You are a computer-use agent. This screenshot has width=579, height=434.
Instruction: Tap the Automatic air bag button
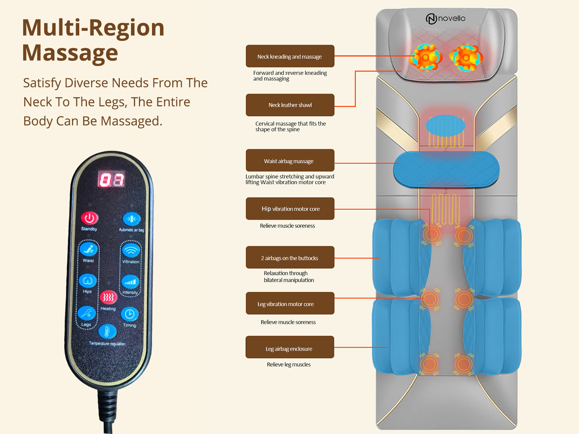[x=131, y=219]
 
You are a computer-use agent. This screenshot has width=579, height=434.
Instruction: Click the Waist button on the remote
[x=88, y=249]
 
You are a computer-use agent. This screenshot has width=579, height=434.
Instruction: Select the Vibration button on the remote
[x=131, y=250]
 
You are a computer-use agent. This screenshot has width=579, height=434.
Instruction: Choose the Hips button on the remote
[x=88, y=281]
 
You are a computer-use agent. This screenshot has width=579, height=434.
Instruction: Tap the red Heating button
[x=108, y=297]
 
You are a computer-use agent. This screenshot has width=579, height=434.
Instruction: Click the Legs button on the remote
[x=86, y=313]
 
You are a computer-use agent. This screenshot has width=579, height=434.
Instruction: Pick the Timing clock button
[x=130, y=314]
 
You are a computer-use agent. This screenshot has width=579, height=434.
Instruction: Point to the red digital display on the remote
[x=111, y=179]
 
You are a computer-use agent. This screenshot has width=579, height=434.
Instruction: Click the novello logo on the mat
[x=445, y=18]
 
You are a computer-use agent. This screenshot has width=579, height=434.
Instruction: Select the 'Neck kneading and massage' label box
[x=290, y=56]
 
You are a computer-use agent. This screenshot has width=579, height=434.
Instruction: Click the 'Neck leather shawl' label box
[x=290, y=105]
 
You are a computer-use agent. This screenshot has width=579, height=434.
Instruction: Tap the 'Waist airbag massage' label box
[x=290, y=161]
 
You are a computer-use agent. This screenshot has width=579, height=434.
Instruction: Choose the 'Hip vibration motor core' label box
[x=290, y=209]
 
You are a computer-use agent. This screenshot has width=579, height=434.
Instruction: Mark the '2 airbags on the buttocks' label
[x=290, y=258]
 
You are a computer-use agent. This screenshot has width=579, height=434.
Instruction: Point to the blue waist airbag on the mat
[x=446, y=169]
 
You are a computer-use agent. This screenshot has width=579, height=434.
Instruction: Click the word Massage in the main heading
[x=70, y=53]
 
